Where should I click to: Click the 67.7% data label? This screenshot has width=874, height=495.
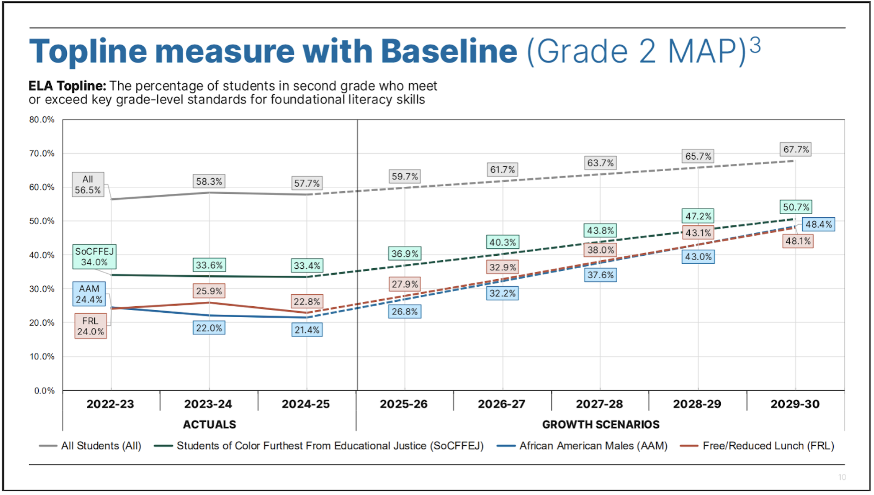796,149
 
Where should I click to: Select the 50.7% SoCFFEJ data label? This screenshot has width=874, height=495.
796,207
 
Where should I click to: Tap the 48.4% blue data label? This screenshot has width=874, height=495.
819,224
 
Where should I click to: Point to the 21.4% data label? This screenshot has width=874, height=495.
307,330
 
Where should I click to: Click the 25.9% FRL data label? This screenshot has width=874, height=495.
209,291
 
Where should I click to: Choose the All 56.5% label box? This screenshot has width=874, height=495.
88,185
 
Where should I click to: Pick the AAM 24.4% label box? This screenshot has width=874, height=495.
89,294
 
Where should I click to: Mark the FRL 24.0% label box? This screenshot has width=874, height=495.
90,326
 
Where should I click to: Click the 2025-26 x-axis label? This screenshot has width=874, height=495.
404,404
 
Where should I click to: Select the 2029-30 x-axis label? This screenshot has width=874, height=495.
795,404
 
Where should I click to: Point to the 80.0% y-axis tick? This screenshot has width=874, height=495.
42,120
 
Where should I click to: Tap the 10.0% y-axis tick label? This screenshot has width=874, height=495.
42,357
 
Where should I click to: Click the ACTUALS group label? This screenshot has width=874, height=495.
210,424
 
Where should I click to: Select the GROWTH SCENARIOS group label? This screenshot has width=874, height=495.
601,424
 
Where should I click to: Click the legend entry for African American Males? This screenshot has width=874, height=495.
582,446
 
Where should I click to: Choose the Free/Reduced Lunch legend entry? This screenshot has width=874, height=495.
757,446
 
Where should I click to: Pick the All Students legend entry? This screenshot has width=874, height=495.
90,446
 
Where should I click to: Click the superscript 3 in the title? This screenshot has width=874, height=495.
755,45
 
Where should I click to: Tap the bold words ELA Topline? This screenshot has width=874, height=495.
67,86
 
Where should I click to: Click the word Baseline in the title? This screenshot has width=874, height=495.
449,51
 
